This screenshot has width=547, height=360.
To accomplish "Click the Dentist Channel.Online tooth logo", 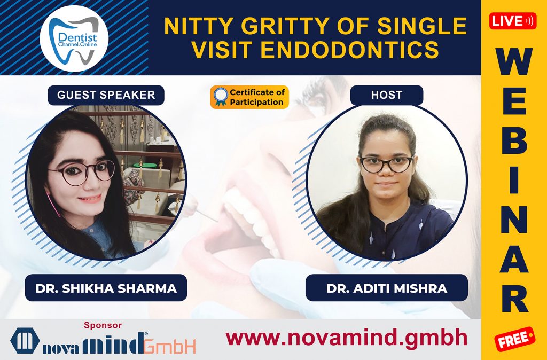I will [74, 38].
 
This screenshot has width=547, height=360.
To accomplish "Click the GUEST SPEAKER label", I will [106, 95].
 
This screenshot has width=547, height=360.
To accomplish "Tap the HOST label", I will [386, 95].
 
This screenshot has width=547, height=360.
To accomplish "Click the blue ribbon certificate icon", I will [220, 97].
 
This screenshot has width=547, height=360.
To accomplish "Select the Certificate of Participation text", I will [257, 97].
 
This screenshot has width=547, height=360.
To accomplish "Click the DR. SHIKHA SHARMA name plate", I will [106, 288].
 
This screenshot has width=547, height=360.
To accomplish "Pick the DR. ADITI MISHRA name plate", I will [387, 288].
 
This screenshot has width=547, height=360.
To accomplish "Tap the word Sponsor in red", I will [103, 325].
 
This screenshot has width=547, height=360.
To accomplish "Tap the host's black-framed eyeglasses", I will [386, 163].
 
